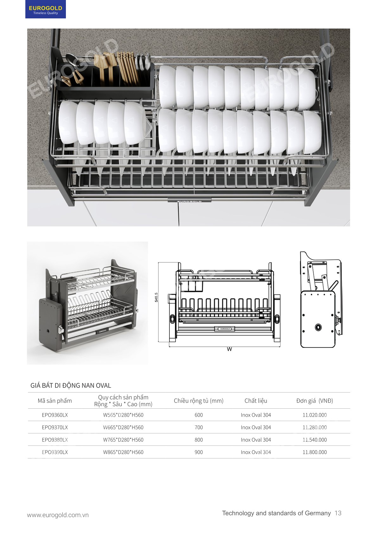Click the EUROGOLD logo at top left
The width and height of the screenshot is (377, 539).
click(x=46, y=10)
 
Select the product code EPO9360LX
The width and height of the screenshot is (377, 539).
click(x=55, y=415)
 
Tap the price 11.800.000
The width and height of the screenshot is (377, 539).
click(x=314, y=452)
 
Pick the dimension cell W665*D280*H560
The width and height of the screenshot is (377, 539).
click(x=123, y=427)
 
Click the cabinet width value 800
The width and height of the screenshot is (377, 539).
click(x=199, y=440)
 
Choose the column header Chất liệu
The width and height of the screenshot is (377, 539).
click(x=256, y=401)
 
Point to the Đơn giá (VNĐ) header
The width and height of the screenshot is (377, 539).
click(x=315, y=401)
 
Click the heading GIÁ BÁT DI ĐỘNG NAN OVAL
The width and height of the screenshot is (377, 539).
click(x=71, y=386)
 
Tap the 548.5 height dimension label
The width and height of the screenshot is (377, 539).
click(x=157, y=297)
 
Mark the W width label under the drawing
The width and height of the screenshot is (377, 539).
click(x=229, y=349)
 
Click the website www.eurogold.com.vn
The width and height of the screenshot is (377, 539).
click(x=58, y=515)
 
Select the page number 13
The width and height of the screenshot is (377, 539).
click(x=338, y=513)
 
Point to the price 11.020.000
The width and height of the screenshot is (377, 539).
click(x=314, y=415)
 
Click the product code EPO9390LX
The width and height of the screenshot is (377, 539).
click(x=55, y=452)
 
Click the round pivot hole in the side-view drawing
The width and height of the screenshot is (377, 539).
click(x=318, y=327)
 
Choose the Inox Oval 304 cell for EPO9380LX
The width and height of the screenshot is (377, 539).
click(x=256, y=440)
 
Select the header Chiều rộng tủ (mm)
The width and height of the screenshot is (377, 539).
click(x=199, y=401)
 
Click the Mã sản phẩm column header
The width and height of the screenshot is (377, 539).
click(x=55, y=401)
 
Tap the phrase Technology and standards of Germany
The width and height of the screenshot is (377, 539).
click(x=276, y=513)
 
